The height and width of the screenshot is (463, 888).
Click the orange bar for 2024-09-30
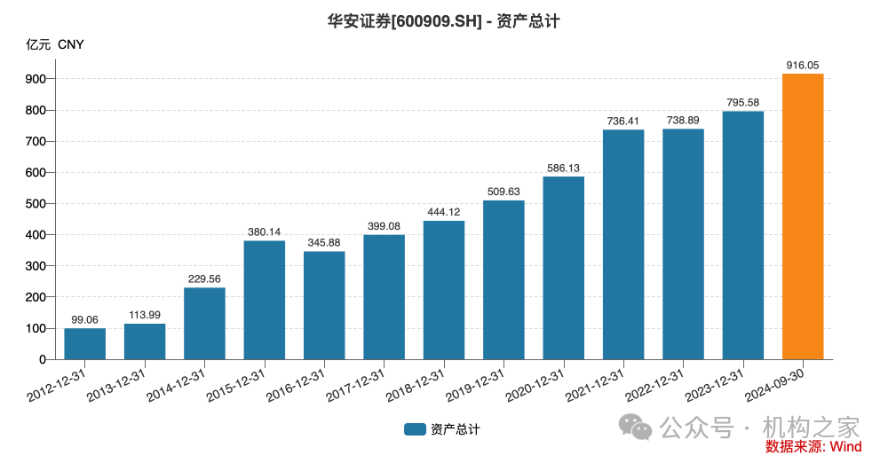tap(803, 216)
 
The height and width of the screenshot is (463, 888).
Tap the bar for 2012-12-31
tap(85, 344)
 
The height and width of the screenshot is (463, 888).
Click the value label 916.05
tap(803, 65)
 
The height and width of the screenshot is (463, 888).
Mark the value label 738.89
tap(683, 120)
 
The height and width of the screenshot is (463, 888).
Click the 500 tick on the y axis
tap(35, 204)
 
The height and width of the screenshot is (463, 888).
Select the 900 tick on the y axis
tap(35, 79)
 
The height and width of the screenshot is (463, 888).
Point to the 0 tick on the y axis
tap(42, 360)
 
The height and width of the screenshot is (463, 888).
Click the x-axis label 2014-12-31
tap(177, 383)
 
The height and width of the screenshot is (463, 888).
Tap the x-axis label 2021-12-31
tap(596, 383)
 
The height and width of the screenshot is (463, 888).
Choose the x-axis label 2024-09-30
tap(775, 383)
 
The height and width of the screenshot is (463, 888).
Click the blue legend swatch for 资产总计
tap(415, 429)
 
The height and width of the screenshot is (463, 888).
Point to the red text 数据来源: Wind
tap(813, 447)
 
